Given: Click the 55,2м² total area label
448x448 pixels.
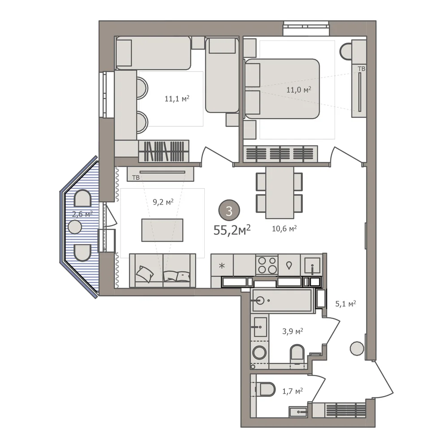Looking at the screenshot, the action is tap(232, 230).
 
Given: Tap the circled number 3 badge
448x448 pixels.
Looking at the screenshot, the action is tap(229, 211).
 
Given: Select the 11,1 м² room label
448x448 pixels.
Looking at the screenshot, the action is tap(177, 99).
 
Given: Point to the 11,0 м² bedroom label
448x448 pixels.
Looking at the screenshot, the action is tap(299, 90).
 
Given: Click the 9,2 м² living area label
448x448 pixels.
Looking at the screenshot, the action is tap(163, 202).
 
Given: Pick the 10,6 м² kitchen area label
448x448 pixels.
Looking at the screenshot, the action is tap(284, 228).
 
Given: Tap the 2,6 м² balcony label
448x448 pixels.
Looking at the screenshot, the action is tap(82, 214).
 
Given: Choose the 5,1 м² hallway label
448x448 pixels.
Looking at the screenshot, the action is tap(345, 303).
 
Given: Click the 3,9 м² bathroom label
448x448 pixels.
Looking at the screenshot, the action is tap(293, 331).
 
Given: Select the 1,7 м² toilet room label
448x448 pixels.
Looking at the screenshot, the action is tap(293, 391).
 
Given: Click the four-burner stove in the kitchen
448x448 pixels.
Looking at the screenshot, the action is tap(267, 265).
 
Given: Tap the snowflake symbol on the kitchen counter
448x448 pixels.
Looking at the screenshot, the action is tap(222, 266).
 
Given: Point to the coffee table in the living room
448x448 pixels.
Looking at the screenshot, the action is tap(162, 230).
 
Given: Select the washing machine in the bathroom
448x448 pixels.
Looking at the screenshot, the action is tap(259, 353).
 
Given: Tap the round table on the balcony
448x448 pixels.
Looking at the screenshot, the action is tap(75, 227).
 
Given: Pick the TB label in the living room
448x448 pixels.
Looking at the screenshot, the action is tap(136, 178).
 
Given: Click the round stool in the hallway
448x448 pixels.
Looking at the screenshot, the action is tap(357, 349).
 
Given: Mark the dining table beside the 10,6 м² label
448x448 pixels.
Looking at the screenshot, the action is tap(280, 193).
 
